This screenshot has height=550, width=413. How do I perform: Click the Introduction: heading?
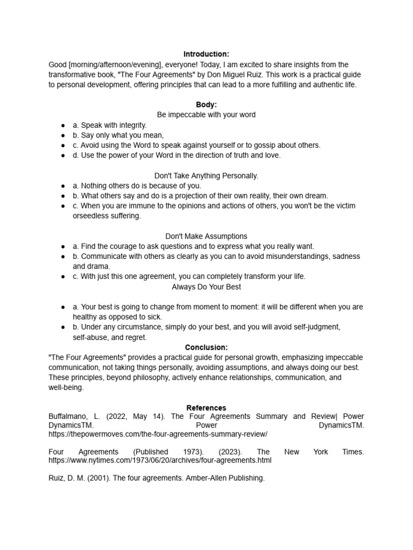[206, 54]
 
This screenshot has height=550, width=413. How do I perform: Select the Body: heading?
[206, 105]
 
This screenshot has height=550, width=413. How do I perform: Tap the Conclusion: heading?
[206, 348]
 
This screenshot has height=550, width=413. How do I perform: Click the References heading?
[206, 408]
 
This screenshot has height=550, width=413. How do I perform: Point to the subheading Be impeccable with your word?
[206, 115]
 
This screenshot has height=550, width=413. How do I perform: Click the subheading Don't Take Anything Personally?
[206, 176]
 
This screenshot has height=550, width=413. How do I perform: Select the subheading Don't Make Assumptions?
[206, 236]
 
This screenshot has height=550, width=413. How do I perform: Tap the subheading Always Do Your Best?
[206, 287]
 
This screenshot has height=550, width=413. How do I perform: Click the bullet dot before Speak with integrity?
[63, 125]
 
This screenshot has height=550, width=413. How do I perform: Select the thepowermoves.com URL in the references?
[158, 433]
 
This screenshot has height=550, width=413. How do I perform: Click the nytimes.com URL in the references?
[160, 460]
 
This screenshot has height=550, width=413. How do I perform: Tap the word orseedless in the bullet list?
[91, 216]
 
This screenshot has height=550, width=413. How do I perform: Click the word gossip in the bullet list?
[264, 145]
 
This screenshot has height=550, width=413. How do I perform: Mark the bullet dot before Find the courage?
[63, 247]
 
